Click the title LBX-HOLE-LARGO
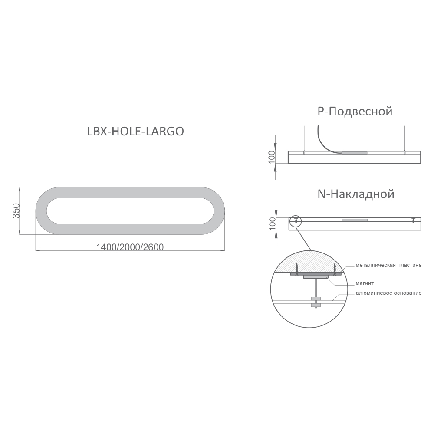click(x=135, y=131)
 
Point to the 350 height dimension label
click(x=16, y=210)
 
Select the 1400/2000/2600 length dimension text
click(x=130, y=247)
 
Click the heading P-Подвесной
click(x=355, y=111)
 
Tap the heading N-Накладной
click(x=356, y=194)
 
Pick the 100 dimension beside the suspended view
click(x=272, y=157)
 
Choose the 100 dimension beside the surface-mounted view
click(x=273, y=224)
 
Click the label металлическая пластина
click(x=388, y=265)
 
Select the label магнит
click(x=365, y=283)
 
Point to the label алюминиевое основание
click(x=388, y=293)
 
